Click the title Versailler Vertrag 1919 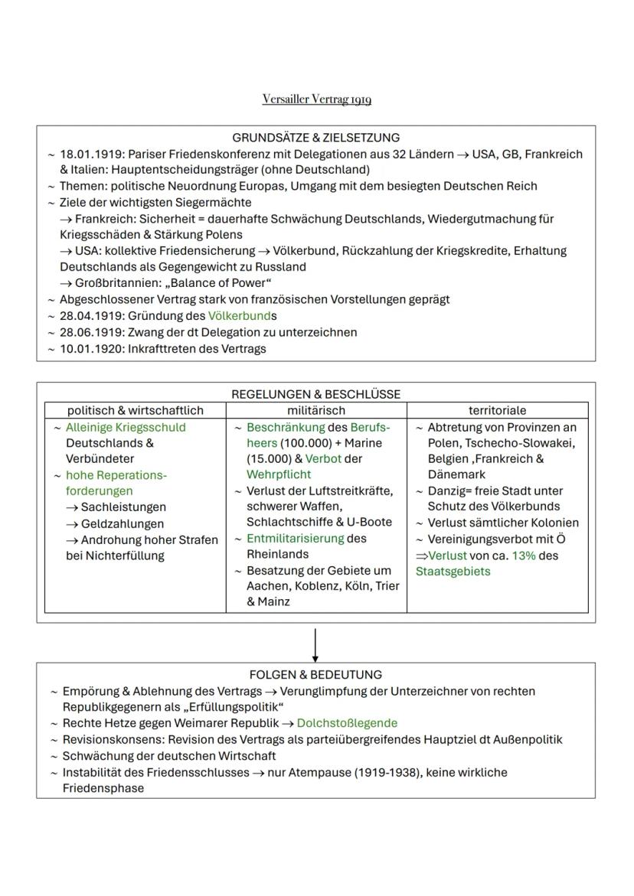(316, 99)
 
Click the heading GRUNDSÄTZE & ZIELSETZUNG (316, 138)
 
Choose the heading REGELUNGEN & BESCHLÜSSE (315, 395)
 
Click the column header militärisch (315, 411)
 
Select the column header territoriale (497, 411)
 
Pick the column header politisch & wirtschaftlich (136, 411)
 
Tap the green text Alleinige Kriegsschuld (126, 427)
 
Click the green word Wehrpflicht (274, 474)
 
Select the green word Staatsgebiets (453, 572)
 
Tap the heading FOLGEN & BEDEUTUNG (315, 675)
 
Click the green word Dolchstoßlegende (347, 723)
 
